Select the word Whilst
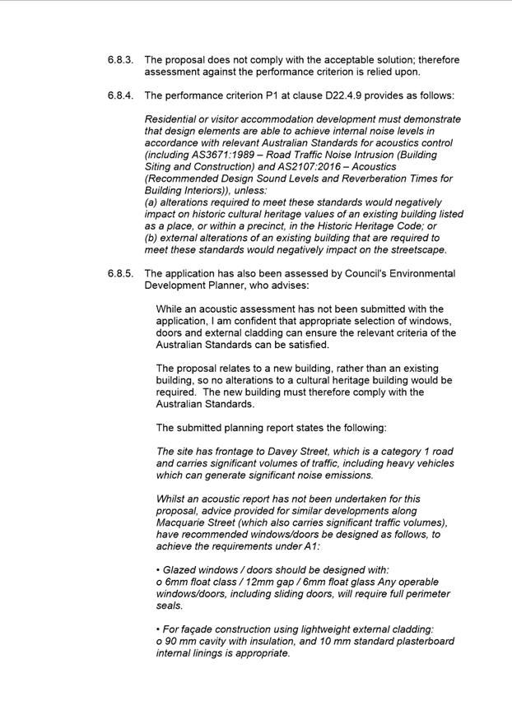click(171, 499)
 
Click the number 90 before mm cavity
click(171, 642)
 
